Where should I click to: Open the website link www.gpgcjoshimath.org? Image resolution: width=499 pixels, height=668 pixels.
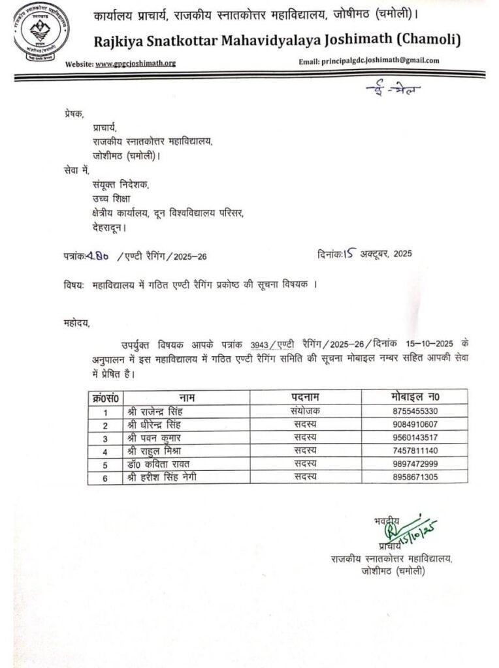coord(135,63)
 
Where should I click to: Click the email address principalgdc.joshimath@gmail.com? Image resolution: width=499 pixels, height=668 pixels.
coord(379,61)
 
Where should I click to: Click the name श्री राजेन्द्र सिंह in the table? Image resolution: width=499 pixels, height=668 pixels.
coord(157,411)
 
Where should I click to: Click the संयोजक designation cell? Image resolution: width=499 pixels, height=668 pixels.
coord(305,411)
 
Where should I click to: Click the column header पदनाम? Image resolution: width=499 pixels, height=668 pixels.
coord(305,397)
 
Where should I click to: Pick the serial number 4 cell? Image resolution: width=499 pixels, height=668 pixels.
coord(105,451)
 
